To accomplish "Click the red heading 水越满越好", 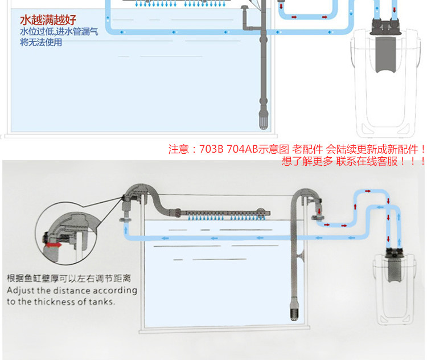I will (48, 21).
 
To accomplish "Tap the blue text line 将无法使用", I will (41, 43).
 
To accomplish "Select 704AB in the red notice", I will (243, 150).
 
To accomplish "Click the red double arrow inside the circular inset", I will (55, 244).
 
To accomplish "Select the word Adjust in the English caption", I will (22, 291).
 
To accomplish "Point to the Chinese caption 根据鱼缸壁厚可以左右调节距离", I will (69, 279).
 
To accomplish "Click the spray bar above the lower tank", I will (222, 214).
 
